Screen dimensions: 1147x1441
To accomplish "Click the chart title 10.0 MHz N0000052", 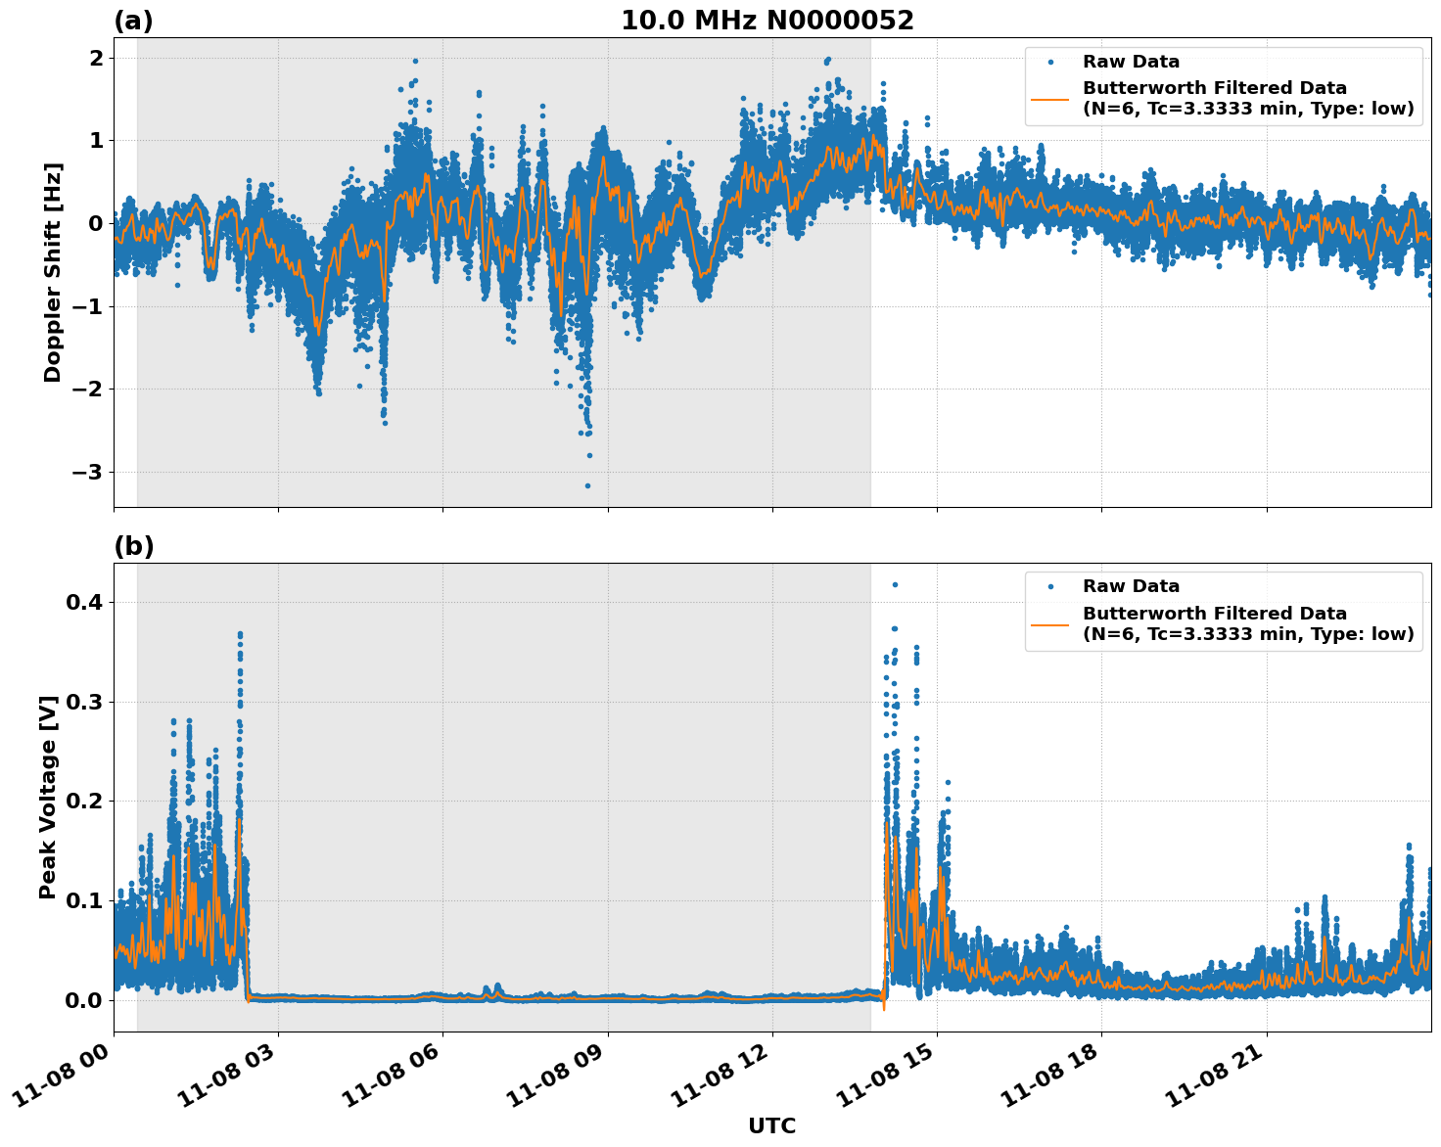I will point(767,21).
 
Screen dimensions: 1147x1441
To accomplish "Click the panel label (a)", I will point(133,21).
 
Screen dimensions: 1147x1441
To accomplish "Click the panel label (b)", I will point(133,546).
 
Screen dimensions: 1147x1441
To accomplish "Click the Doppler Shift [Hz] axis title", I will point(53,272).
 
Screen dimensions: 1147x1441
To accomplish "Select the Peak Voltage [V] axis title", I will point(48,797).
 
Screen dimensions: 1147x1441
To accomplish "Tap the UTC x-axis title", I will point(771,1125).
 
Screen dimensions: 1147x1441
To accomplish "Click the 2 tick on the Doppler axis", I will point(96,59).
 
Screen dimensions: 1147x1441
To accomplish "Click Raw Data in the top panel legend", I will point(1131,62).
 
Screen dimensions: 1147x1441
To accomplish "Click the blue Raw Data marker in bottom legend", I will point(1050,586).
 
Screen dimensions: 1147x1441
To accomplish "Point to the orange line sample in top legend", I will point(1050,98).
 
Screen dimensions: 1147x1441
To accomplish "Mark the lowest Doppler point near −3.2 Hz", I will point(587,485).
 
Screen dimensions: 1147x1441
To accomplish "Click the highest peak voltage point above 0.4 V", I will point(894,584).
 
